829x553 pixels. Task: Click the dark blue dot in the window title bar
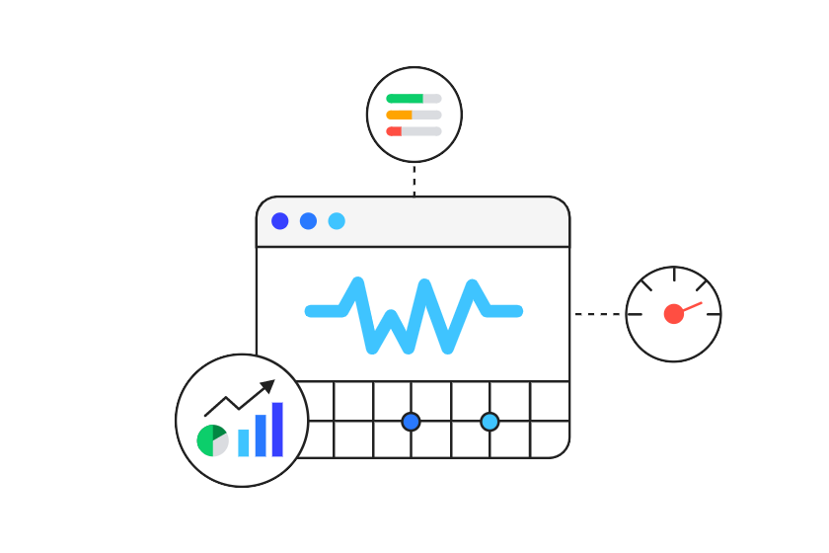click(280, 221)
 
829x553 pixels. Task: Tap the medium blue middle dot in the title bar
click(309, 221)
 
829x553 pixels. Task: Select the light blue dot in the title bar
click(337, 221)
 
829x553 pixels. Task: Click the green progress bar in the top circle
click(404, 99)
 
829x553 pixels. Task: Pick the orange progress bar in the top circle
click(399, 115)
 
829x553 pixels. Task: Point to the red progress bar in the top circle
click(394, 131)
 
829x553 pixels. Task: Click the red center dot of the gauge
click(673, 314)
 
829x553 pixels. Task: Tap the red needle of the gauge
click(691, 306)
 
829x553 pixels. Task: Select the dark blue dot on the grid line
click(412, 422)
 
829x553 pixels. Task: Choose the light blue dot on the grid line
click(490, 422)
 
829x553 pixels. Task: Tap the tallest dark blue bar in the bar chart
click(277, 430)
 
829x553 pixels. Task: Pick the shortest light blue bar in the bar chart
click(244, 443)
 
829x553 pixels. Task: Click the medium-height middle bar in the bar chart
click(261, 435)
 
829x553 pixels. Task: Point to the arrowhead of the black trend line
click(267, 386)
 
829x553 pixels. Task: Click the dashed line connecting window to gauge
click(598, 315)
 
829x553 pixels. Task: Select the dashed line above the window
click(414, 179)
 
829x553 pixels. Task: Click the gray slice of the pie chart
click(221, 444)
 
